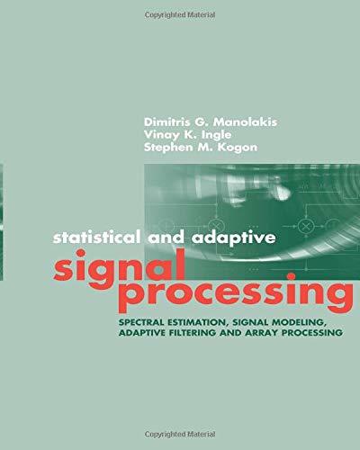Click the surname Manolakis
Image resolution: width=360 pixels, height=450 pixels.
tap(245, 122)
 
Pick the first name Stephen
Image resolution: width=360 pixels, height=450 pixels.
tap(166, 148)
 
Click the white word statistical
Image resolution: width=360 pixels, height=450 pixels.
tap(97, 238)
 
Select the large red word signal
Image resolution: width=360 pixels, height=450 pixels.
tap(119, 268)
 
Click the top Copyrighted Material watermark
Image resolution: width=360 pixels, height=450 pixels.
tap(180, 15)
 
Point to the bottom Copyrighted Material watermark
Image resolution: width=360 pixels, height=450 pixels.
tap(180, 434)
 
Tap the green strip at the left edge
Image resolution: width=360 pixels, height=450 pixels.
tap(2, 222)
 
